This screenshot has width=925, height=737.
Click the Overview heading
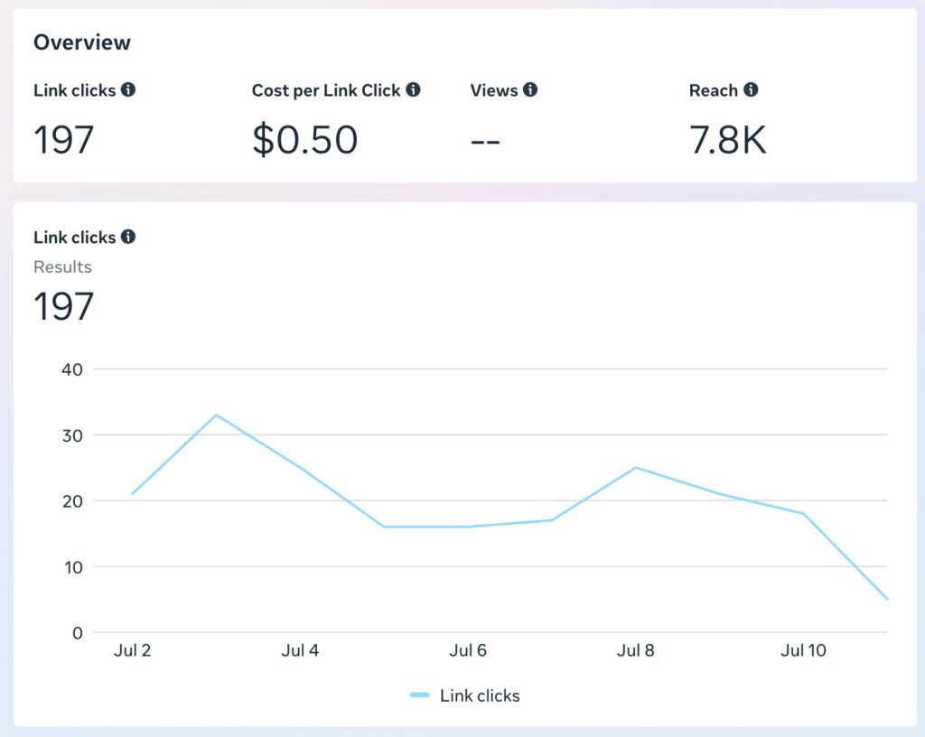[x=82, y=42]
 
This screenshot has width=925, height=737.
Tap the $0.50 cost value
[x=304, y=140]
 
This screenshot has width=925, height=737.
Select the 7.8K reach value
[x=727, y=140]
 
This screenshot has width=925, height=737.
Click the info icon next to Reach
[x=751, y=89]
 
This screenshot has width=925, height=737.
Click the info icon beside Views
[x=530, y=89]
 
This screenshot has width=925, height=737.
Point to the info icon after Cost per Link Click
[x=413, y=89]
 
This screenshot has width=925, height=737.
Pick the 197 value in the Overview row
[x=64, y=140]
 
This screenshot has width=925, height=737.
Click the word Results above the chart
[x=62, y=266]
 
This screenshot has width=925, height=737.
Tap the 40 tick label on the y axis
[x=72, y=368]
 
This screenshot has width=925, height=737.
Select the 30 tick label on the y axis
[x=72, y=434]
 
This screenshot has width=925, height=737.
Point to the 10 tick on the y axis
[x=72, y=566]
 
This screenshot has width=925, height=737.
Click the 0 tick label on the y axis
[x=78, y=632]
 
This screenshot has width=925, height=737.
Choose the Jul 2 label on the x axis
[x=133, y=650]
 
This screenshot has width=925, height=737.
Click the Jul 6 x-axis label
[x=468, y=650]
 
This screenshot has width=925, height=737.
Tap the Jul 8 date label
[x=636, y=650]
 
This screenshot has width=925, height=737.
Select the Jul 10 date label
[x=803, y=650]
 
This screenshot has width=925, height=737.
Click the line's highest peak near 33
[x=216, y=415]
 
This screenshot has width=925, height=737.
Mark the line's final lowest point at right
[x=887, y=599]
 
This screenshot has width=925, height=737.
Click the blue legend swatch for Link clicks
[x=419, y=695]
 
